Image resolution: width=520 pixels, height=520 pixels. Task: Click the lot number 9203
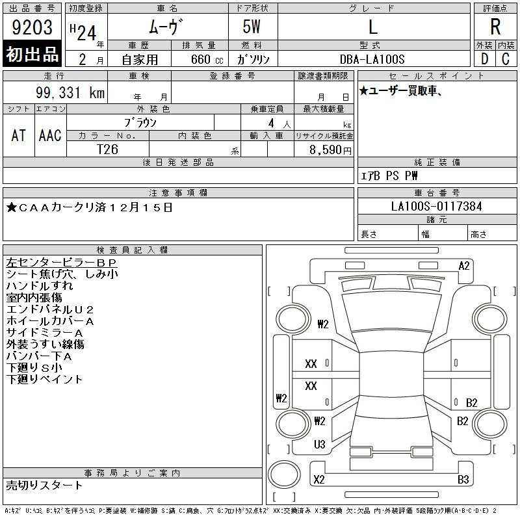click(x=32, y=27)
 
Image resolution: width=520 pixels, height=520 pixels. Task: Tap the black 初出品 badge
click(x=32, y=54)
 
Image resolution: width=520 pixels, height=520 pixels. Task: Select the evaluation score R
click(x=495, y=27)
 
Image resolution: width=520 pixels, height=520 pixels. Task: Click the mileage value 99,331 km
click(x=70, y=92)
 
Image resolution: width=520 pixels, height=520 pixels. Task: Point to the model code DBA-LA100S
click(x=372, y=59)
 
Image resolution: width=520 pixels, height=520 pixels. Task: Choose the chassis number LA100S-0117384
click(x=436, y=206)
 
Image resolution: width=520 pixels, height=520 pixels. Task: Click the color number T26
click(x=107, y=149)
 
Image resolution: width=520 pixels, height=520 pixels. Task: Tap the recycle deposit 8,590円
click(x=330, y=150)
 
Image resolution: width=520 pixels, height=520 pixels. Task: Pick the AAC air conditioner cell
click(x=50, y=135)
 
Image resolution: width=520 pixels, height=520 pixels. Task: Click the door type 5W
click(x=252, y=27)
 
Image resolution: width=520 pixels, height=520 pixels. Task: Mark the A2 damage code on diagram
click(x=464, y=266)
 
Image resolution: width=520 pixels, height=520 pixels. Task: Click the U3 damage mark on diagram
click(x=319, y=445)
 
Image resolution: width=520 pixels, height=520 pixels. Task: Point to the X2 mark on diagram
click(x=318, y=480)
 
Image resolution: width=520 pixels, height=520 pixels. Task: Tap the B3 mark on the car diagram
click(x=463, y=480)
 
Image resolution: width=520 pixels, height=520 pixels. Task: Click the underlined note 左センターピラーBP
click(x=62, y=263)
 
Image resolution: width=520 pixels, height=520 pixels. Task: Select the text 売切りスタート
click(x=44, y=485)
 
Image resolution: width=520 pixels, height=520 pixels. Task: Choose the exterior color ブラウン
click(x=140, y=123)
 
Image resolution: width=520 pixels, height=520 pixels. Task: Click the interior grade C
click(x=506, y=59)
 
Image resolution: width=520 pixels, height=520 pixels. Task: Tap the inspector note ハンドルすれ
click(x=40, y=285)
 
